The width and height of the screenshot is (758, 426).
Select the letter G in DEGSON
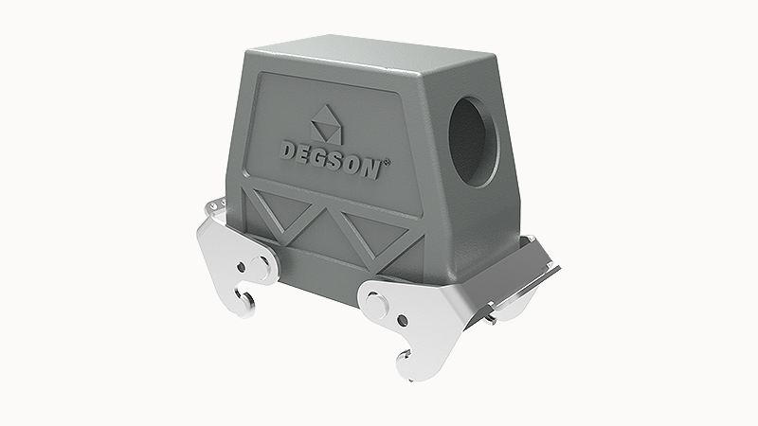[x=322, y=154]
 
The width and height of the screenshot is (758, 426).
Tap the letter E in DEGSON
[x=304, y=151]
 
